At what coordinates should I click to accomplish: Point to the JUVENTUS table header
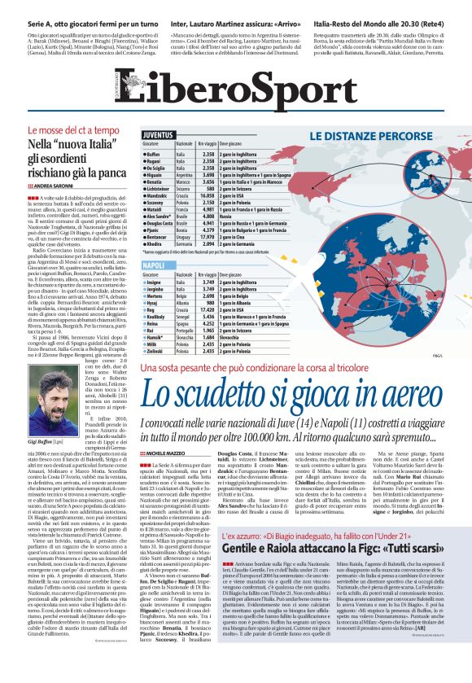click(161, 134)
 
